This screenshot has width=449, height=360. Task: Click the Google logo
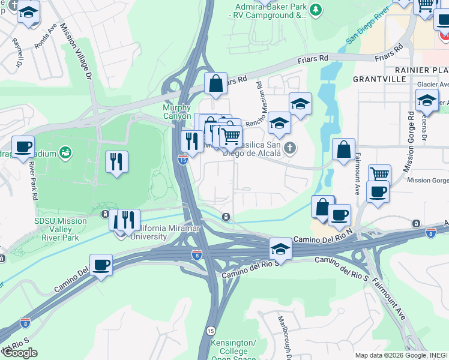19,353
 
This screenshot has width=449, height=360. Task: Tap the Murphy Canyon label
177,112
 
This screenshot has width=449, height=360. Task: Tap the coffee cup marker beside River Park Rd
23,146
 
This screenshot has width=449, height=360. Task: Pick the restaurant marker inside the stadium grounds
116,161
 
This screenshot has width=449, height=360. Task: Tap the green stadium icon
65,154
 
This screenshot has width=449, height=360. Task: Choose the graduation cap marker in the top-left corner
28,13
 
